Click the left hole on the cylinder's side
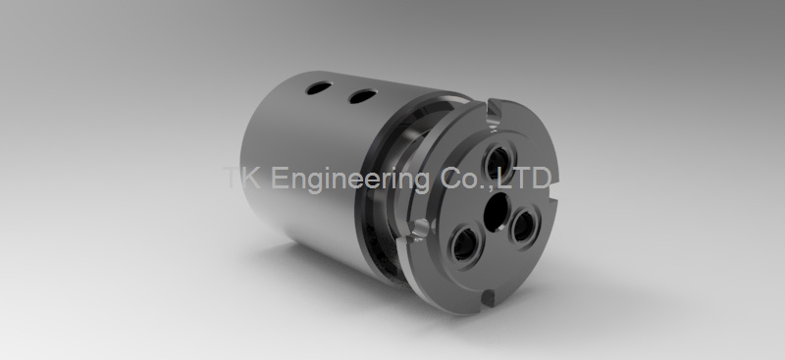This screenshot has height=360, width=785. (x=318, y=88)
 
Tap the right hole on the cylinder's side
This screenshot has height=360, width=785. (x=362, y=96)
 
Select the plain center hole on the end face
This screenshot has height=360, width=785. (x=497, y=213)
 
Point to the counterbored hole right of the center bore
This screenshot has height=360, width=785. (x=523, y=227)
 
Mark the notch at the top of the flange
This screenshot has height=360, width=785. (x=494, y=114)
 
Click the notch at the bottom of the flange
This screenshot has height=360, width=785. (x=488, y=297)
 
